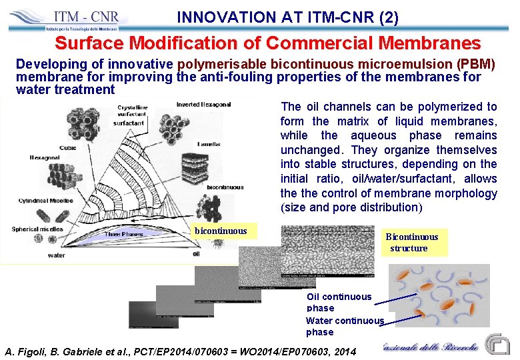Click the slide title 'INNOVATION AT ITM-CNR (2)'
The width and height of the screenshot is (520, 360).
coord(288,17)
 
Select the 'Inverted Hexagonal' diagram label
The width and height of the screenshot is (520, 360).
coord(203,105)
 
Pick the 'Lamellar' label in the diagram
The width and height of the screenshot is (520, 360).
coord(208,145)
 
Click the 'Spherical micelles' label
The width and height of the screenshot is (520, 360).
coord(38,229)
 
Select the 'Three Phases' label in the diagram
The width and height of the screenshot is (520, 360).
coord(125,234)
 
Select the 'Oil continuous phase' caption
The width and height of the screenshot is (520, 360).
coord(339,302)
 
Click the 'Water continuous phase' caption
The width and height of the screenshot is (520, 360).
coord(345,326)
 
